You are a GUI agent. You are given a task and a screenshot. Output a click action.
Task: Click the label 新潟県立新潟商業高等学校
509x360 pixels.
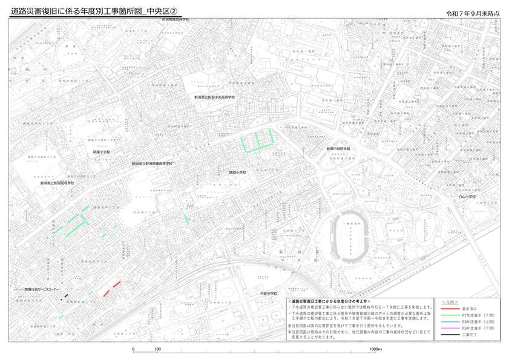153,163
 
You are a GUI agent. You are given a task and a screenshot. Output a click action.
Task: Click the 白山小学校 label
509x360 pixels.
467,196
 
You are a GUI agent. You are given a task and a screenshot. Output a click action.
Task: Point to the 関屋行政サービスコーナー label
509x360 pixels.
42,290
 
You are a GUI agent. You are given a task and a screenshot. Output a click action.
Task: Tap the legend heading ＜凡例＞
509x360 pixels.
450,301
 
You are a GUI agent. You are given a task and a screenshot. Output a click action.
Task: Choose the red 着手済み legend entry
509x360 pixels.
470,308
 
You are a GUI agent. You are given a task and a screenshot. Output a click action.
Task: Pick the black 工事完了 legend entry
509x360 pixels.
470,335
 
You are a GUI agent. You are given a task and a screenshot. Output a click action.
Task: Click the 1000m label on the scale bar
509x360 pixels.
375,350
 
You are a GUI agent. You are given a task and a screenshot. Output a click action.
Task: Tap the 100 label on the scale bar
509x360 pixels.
157,350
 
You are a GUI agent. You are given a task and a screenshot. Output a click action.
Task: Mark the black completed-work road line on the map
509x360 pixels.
67,295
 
